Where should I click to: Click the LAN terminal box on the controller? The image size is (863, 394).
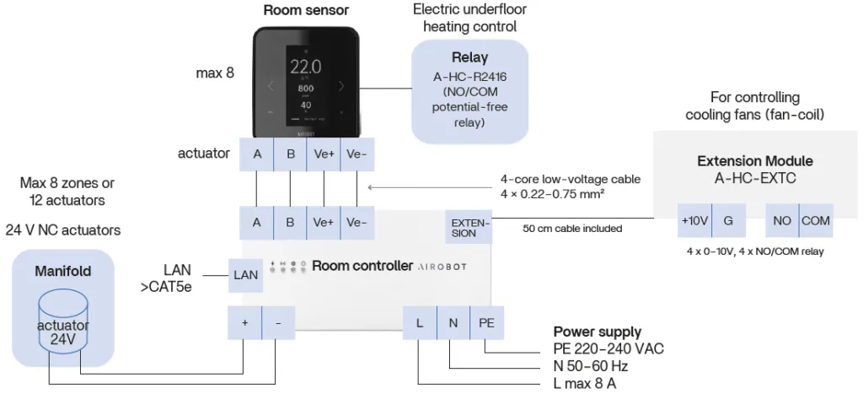(x=245, y=275)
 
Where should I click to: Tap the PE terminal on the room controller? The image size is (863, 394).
(x=486, y=322)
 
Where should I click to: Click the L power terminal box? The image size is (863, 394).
(x=419, y=322)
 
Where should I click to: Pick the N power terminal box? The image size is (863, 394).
(x=452, y=322)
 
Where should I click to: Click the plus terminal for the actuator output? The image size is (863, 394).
(x=244, y=322)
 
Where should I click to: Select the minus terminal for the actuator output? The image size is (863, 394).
(x=278, y=322)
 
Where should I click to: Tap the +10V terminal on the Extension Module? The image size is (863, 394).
(x=695, y=221)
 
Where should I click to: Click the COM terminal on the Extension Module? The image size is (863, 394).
(x=816, y=221)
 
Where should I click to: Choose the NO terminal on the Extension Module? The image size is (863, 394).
(x=781, y=221)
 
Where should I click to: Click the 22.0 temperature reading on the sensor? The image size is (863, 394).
(x=305, y=67)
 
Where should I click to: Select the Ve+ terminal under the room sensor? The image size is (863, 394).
(x=323, y=154)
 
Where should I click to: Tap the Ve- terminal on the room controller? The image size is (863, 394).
(x=356, y=223)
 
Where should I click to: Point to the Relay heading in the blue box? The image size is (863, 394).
(x=469, y=59)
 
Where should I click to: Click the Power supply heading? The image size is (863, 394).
(x=597, y=332)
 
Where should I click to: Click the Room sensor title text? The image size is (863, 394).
(x=306, y=11)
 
